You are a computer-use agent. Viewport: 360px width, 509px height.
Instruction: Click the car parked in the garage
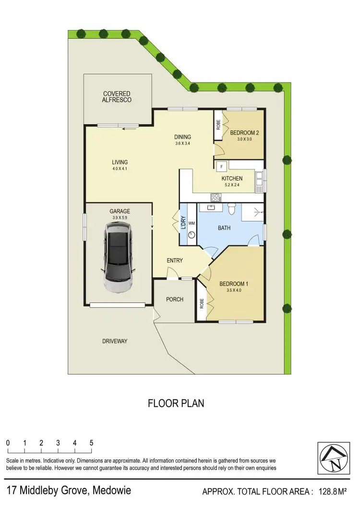coord(118,259)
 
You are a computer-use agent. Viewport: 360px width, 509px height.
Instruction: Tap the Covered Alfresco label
coord(116,97)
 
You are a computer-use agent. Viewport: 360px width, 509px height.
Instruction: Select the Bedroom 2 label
coord(244,133)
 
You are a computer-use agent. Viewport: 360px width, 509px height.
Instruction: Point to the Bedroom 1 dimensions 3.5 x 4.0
coord(234,291)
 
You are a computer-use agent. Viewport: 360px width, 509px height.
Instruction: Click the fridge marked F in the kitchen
coord(221,167)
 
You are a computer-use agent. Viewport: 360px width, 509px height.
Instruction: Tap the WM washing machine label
coord(192,223)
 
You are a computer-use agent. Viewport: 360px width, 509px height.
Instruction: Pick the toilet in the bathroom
coord(231,208)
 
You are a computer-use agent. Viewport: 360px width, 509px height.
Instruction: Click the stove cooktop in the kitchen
coord(215,197)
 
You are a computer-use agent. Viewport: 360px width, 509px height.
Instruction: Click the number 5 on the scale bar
coord(91,443)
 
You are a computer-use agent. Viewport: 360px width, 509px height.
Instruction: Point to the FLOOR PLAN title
coord(176,403)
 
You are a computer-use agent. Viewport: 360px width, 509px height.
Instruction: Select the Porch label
coord(175,299)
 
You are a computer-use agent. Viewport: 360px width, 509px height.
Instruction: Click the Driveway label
coord(115,341)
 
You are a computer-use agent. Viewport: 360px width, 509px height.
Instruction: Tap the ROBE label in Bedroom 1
coord(202,303)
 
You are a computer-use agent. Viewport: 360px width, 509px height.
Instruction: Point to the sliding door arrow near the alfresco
coord(128,128)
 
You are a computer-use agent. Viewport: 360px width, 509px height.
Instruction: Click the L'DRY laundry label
coord(183,223)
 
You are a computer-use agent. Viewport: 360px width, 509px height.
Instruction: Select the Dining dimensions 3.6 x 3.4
coord(182,144)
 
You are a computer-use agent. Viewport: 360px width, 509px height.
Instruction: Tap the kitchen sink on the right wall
coord(259,179)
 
